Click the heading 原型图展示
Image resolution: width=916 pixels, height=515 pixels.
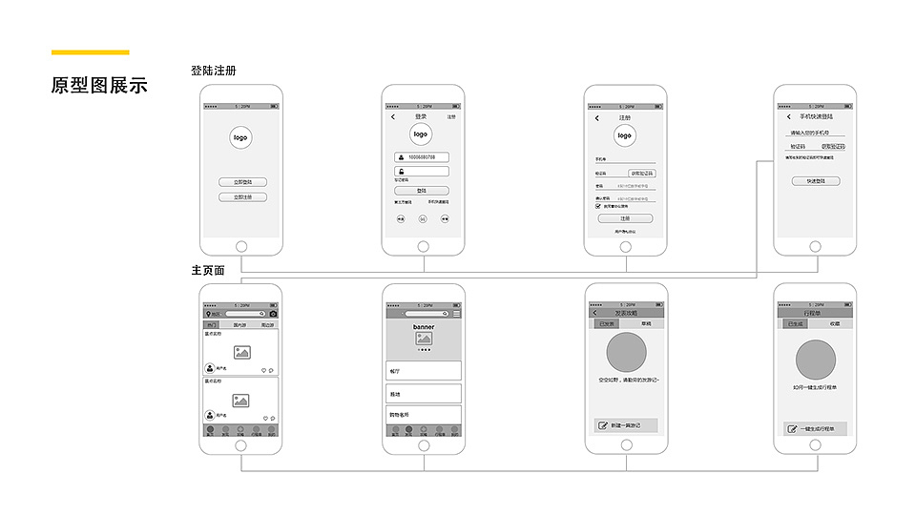(99, 85)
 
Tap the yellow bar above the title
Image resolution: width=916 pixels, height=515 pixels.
(90, 52)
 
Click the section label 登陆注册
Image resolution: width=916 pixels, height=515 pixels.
(213, 71)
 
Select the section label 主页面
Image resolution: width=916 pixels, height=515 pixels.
(208, 270)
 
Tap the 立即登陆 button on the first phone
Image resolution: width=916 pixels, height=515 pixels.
(242, 181)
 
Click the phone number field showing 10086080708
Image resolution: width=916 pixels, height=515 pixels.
(422, 157)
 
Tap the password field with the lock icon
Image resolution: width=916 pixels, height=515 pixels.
(422, 172)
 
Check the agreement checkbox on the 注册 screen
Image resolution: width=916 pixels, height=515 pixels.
(598, 206)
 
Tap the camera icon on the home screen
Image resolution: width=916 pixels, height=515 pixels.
(273, 314)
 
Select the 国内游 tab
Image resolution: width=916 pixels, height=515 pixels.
(241, 325)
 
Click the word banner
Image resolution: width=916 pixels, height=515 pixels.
(424, 327)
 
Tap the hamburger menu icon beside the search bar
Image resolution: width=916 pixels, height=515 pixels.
(456, 314)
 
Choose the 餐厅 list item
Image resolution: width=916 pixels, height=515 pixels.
(424, 370)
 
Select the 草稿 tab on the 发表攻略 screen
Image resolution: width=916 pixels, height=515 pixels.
(646, 324)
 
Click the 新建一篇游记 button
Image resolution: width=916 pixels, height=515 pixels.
(625, 425)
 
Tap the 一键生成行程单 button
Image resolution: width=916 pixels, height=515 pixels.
(813, 429)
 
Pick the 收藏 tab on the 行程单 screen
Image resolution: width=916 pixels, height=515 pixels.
(834, 324)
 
